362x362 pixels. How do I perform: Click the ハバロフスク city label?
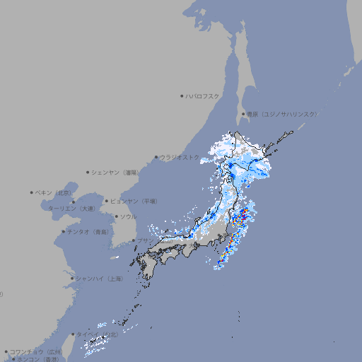tap(203, 95)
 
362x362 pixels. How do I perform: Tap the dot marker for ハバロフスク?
tap(182, 95)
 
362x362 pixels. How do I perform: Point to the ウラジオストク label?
tap(180, 157)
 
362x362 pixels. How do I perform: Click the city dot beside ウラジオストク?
tap(156, 157)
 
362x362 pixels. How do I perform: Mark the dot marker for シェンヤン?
tap(88, 172)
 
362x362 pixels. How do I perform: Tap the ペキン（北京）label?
tap(54, 192)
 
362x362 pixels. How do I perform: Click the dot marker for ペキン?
tap(32, 192)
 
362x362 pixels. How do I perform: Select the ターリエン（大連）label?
tap(71, 209)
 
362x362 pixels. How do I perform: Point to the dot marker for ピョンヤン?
tap(107, 201)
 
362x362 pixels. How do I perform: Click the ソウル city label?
tap(128, 216)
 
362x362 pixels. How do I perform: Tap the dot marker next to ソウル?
tap(115, 216)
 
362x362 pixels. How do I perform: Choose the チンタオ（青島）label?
tap(88, 231)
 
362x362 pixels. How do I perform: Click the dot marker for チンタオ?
tap(63, 231)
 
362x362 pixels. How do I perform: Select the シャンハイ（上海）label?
tap(99, 279)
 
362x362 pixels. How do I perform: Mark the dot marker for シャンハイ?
tap(72, 279)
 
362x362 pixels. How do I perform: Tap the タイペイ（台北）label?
tap(97, 334)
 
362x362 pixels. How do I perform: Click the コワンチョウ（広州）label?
tap(36, 351)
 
